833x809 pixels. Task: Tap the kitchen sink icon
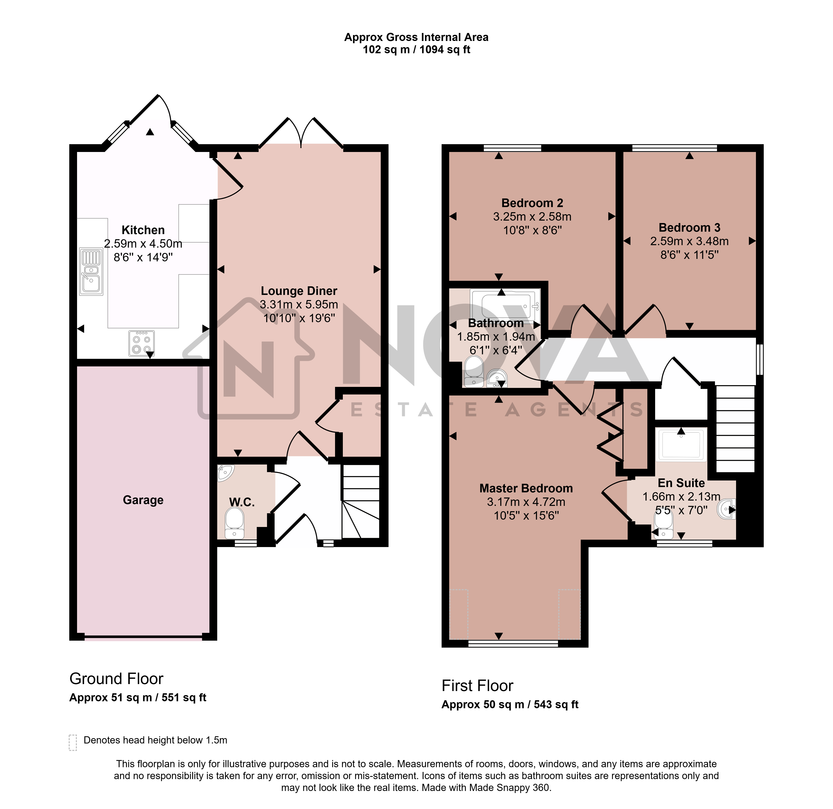click(x=91, y=272)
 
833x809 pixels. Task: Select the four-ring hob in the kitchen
click(x=142, y=343)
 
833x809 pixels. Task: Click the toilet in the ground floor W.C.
click(x=234, y=523)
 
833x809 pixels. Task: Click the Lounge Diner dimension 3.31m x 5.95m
click(x=299, y=305)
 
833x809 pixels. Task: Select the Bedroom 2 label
click(x=532, y=203)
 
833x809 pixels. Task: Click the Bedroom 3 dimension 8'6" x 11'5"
click(x=689, y=255)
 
